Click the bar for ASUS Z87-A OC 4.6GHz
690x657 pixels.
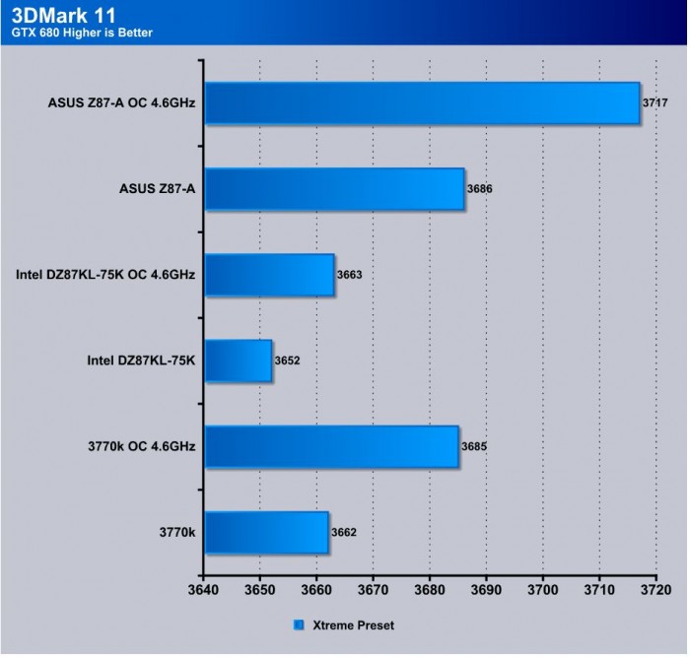tap(421, 103)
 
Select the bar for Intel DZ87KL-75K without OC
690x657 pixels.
tap(237, 361)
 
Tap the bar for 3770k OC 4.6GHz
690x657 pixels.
tap(330, 447)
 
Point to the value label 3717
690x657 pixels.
tap(656, 103)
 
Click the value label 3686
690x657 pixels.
tap(481, 189)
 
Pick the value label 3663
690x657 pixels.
tap(350, 276)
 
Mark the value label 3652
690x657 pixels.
tap(288, 361)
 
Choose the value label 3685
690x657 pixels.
tap(474, 447)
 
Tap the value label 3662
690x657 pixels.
tap(344, 533)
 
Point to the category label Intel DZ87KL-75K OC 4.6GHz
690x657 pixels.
tap(105, 276)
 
